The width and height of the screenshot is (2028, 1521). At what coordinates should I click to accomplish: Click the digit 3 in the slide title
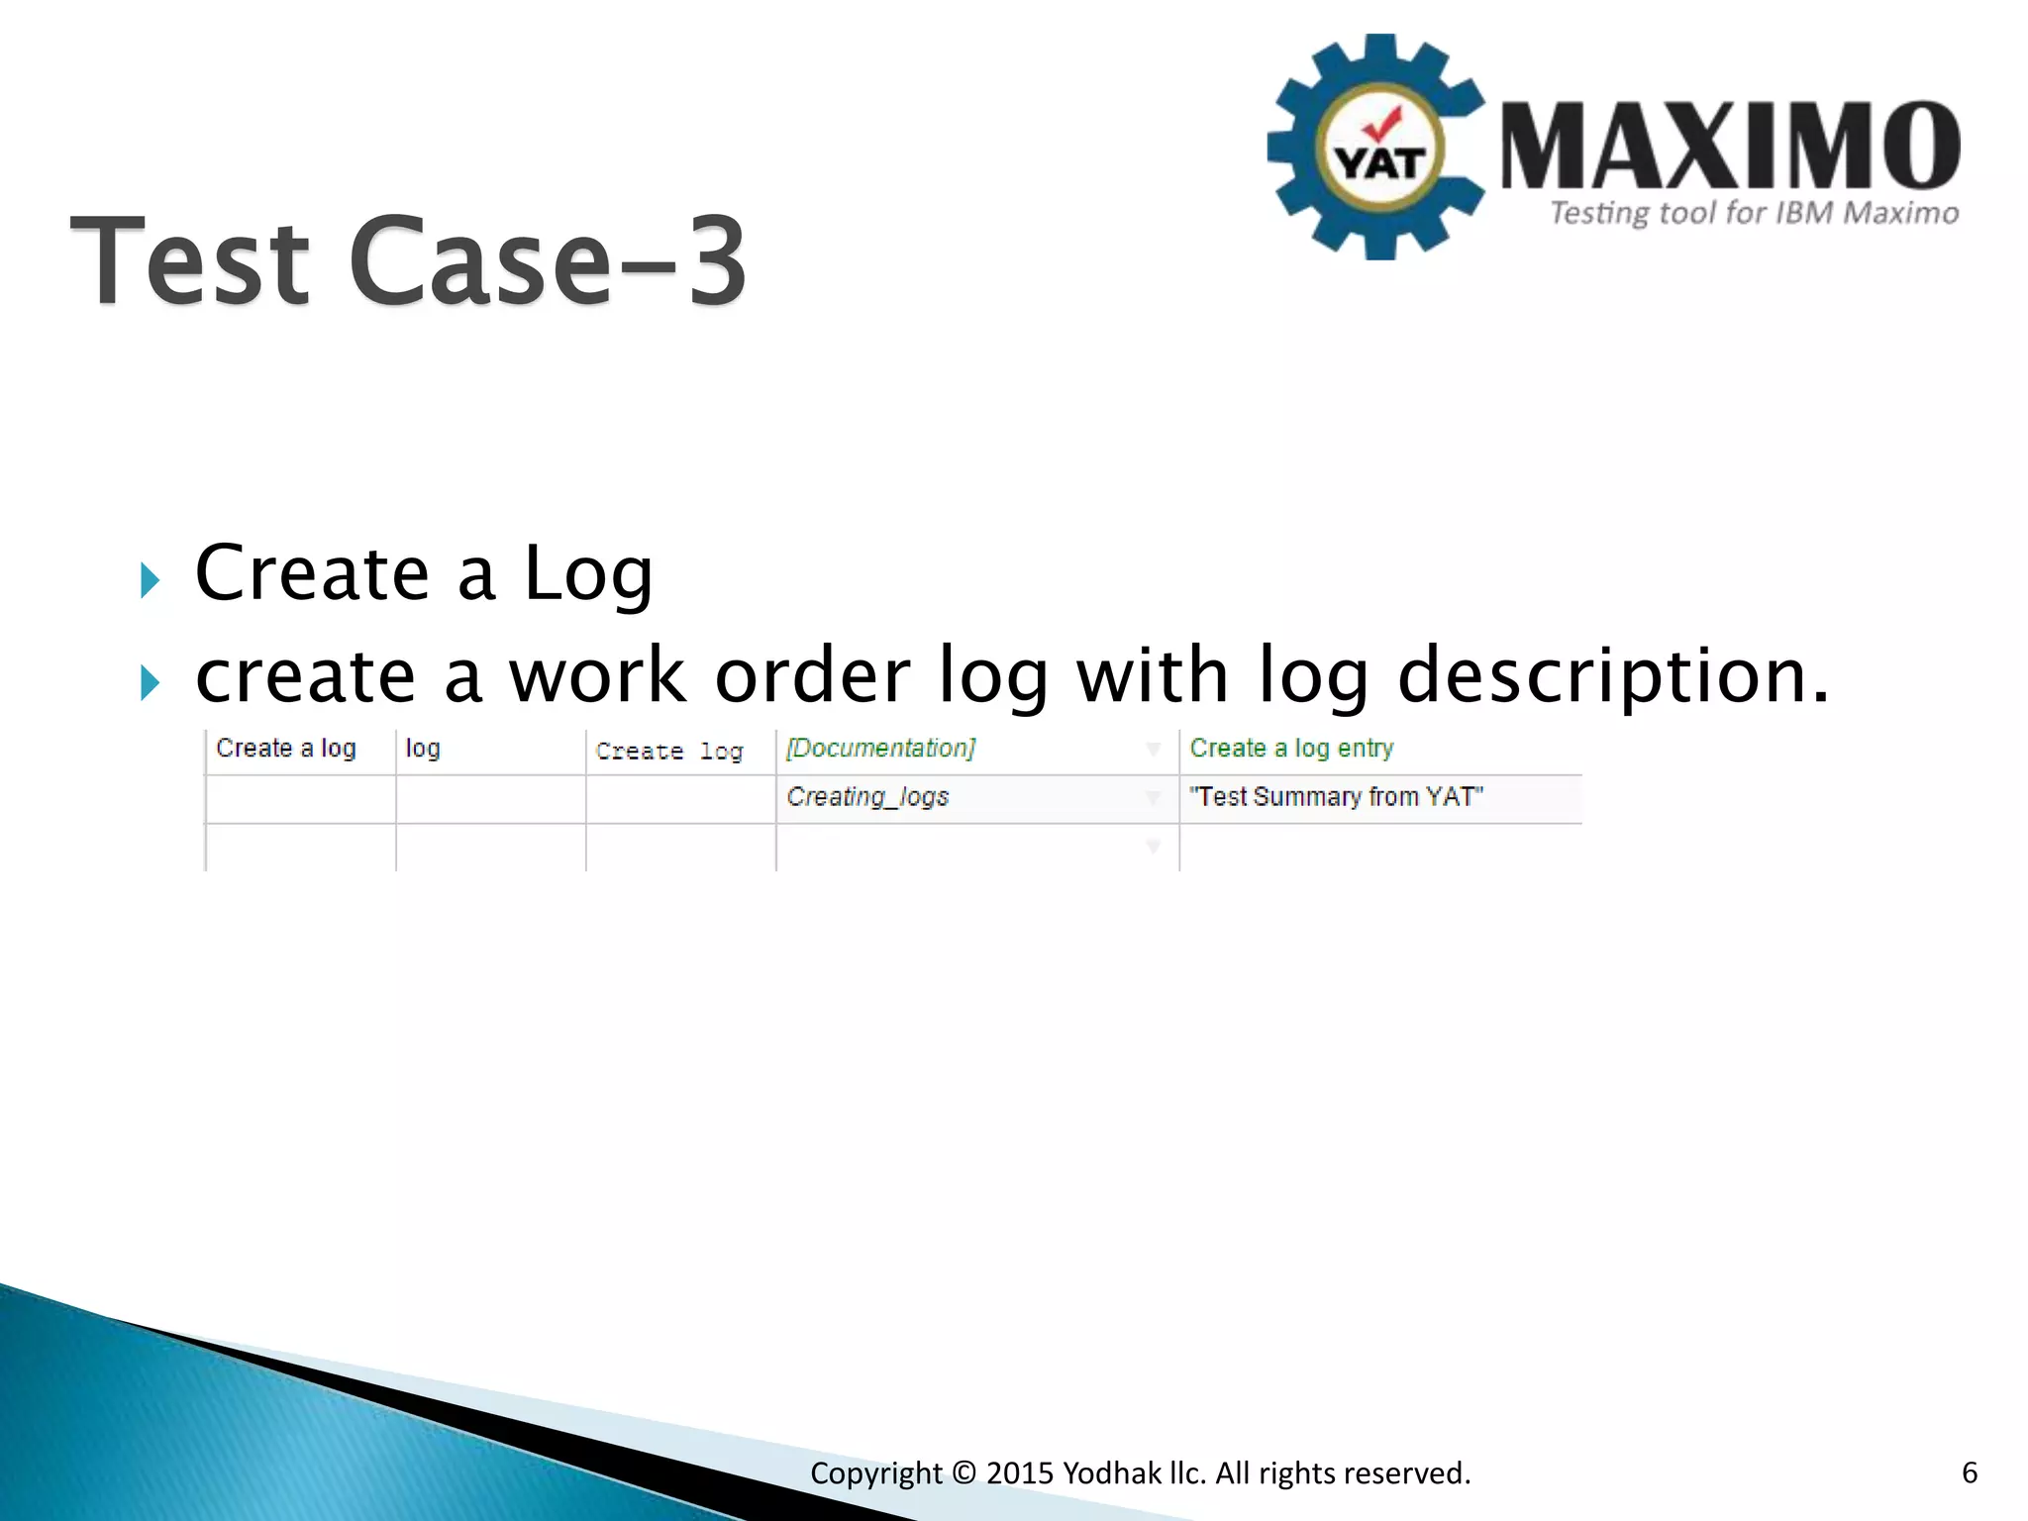(715, 262)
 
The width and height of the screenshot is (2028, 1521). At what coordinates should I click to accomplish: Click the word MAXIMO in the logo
(1729, 147)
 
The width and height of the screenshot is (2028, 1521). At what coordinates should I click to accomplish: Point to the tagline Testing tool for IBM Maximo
(1753, 213)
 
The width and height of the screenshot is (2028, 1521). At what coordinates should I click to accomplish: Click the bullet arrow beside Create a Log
(150, 580)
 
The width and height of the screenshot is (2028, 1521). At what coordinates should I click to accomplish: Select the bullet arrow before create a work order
(150, 683)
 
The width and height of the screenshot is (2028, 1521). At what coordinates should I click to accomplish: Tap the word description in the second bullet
(1612, 675)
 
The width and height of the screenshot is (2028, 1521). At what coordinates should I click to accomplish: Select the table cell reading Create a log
(286, 749)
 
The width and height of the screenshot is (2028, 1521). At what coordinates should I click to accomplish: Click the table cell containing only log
(423, 749)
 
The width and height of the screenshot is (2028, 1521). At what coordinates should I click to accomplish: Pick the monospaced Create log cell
(669, 752)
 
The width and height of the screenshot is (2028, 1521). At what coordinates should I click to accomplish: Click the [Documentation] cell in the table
(880, 749)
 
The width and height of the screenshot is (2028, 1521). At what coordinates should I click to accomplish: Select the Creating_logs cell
(867, 797)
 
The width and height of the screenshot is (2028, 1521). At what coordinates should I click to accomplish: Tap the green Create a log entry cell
(1291, 749)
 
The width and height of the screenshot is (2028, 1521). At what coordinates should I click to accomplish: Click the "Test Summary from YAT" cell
(1336, 797)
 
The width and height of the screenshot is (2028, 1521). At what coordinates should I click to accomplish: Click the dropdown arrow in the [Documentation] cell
(1154, 750)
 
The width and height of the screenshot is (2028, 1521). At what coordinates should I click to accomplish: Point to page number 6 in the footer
(1970, 1472)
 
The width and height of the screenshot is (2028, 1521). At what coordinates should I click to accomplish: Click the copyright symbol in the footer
(963, 1473)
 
